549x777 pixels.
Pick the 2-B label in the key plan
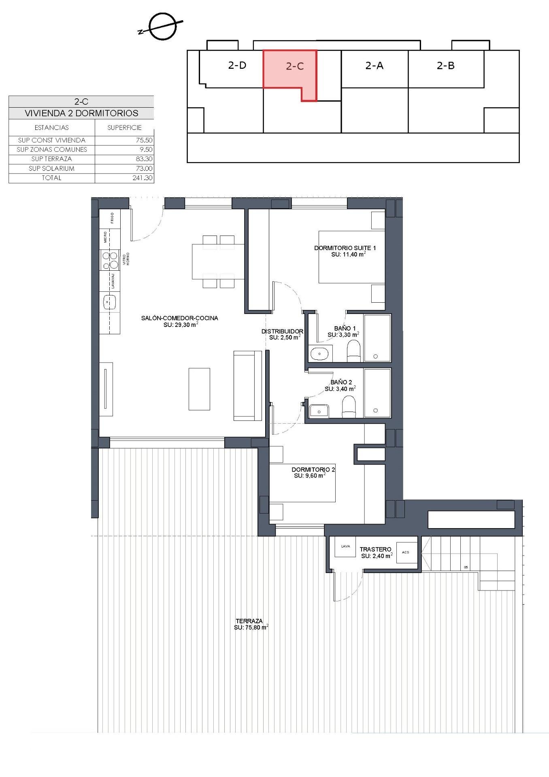pyautogui.click(x=445, y=66)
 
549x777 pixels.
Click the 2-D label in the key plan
pyautogui.click(x=237, y=65)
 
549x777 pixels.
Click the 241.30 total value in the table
pyautogui.click(x=142, y=178)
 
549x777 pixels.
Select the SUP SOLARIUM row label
pyautogui.click(x=51, y=168)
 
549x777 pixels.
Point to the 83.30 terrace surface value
pyautogui.click(x=144, y=159)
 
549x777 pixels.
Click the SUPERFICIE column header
pyautogui.click(x=124, y=127)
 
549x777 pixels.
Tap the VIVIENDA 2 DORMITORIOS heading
pyautogui.click(x=81, y=113)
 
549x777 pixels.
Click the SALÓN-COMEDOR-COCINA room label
pyautogui.click(x=179, y=318)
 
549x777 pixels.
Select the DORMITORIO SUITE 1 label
pyautogui.click(x=345, y=248)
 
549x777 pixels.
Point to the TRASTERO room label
pyautogui.click(x=375, y=549)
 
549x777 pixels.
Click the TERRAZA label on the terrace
pyautogui.click(x=249, y=621)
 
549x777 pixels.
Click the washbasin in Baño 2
pyautogui.click(x=319, y=412)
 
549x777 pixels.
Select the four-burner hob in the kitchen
pyautogui.click(x=110, y=260)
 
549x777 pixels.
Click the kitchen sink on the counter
pyautogui.click(x=109, y=302)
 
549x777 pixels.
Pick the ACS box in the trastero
pyautogui.click(x=406, y=552)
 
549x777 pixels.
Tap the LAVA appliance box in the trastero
pyautogui.click(x=345, y=547)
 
